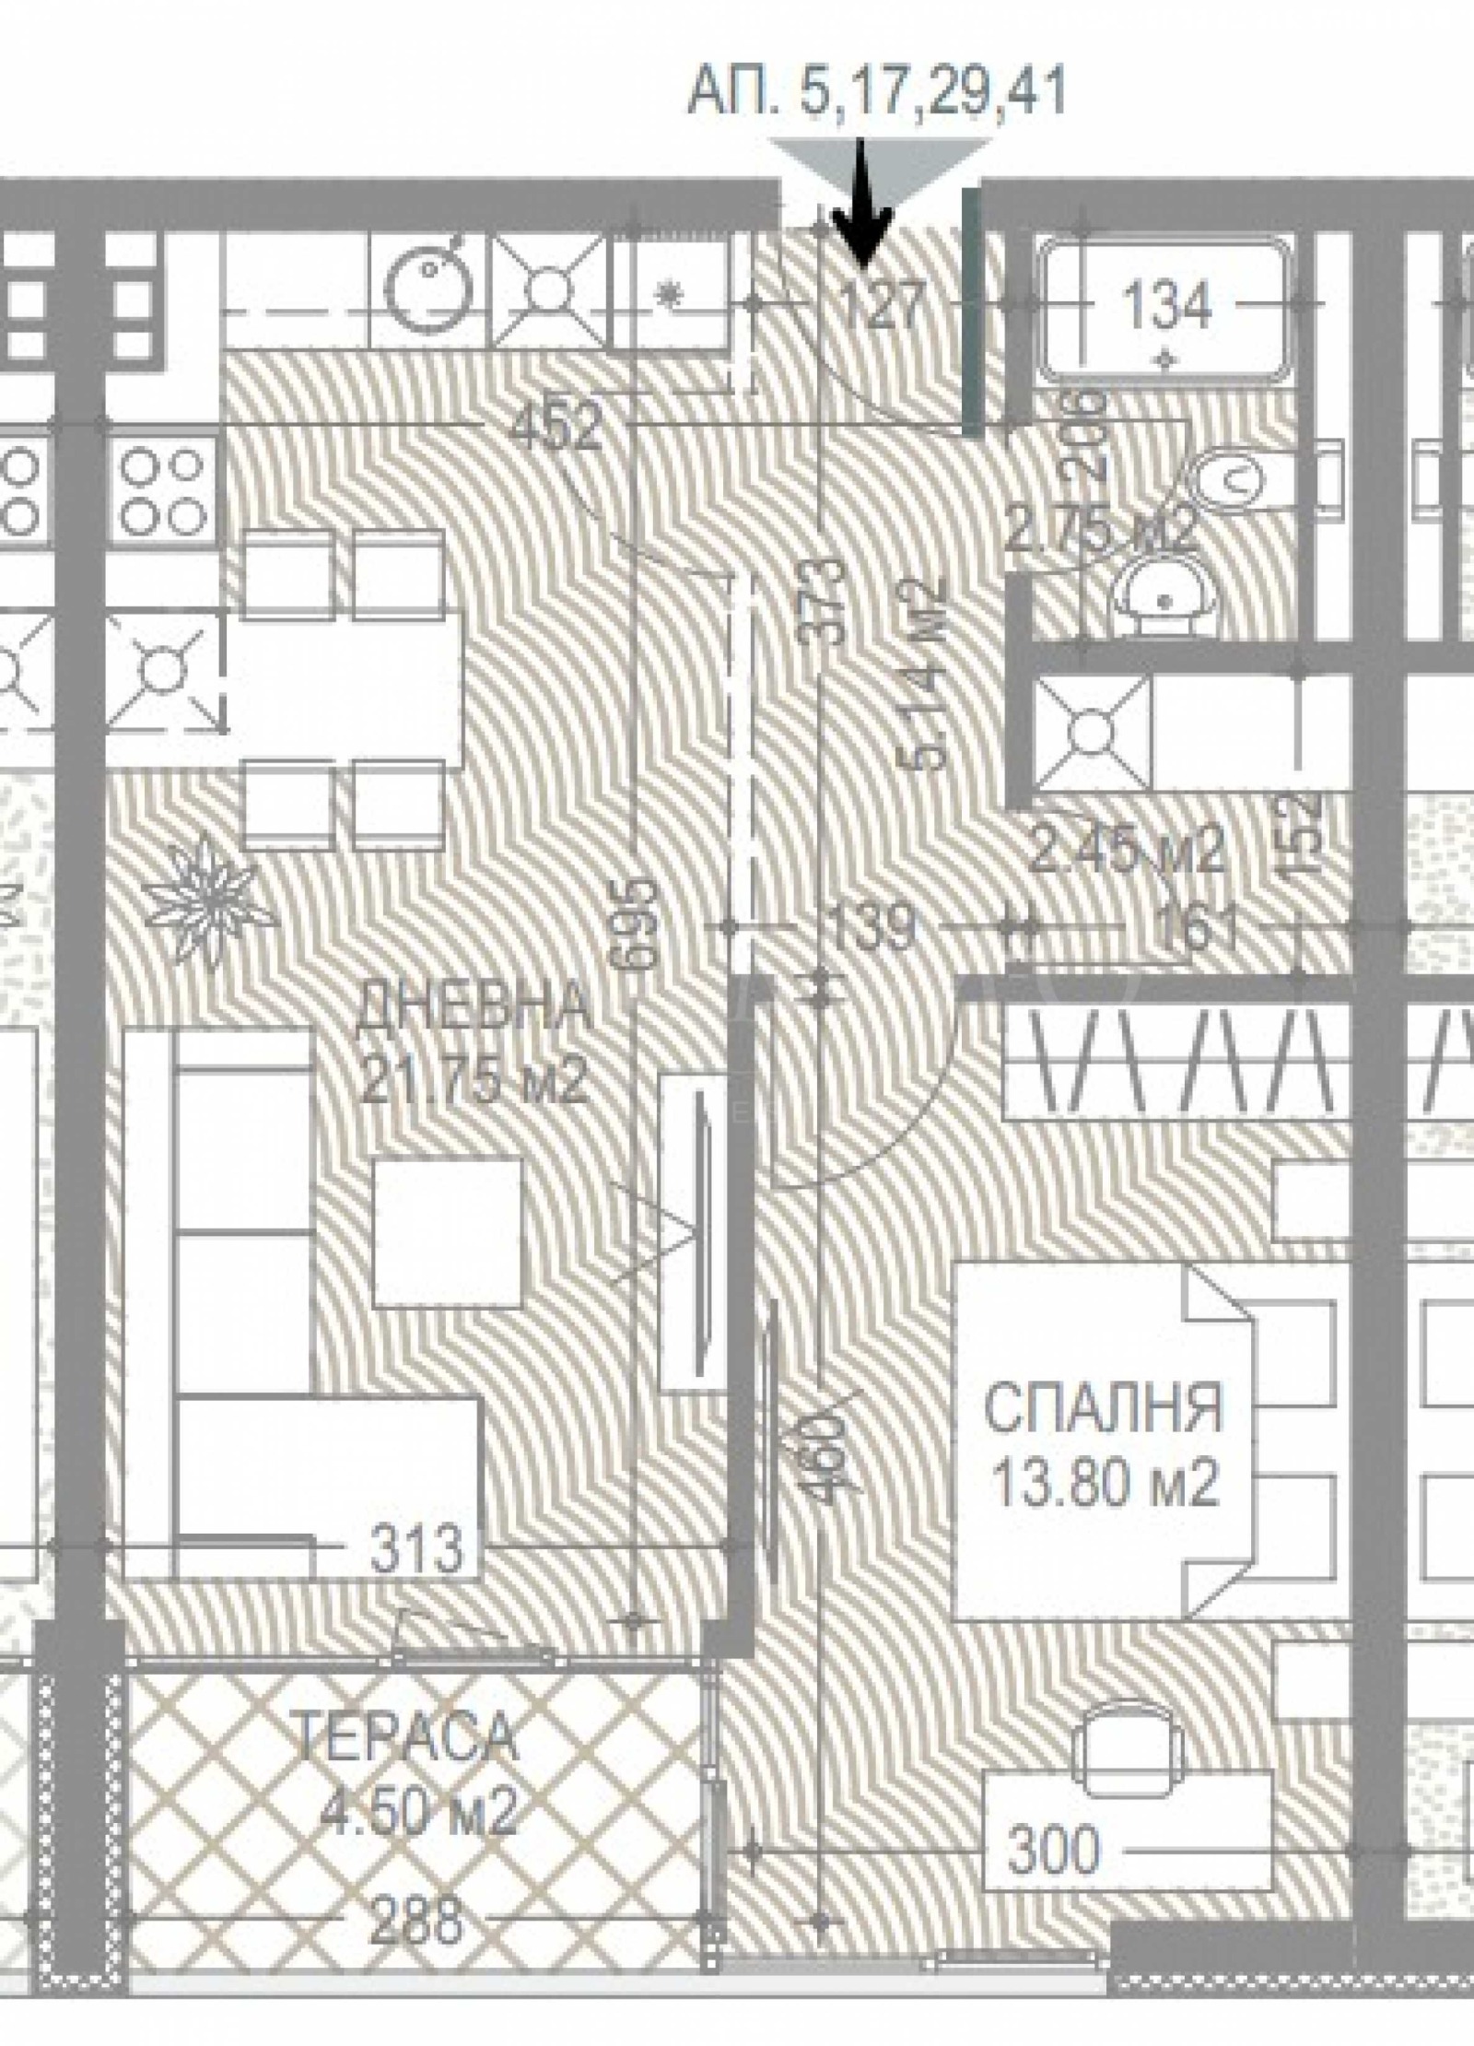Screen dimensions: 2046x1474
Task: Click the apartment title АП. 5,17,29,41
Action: click(876, 93)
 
